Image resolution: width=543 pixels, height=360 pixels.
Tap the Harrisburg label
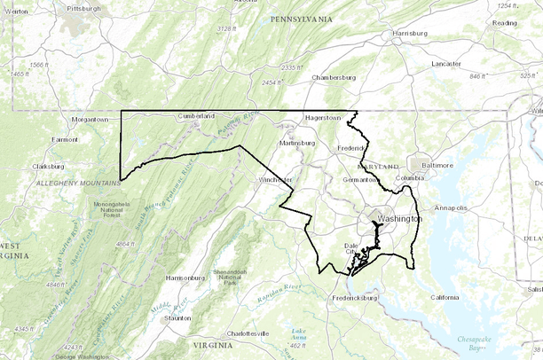[x=409, y=35]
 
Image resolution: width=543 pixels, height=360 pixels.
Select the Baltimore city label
[x=437, y=165]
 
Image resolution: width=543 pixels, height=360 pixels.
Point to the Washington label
[x=399, y=218]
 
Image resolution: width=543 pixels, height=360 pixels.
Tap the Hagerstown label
[x=323, y=118]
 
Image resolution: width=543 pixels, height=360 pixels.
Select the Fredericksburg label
[x=356, y=298]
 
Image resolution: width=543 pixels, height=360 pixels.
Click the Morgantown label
[x=90, y=119]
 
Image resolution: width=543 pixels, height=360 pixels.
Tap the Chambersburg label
[x=333, y=77]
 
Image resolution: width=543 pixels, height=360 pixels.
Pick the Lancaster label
[x=446, y=64]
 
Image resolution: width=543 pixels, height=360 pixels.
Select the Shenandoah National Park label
[x=229, y=276]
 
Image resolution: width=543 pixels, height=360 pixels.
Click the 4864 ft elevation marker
[x=125, y=243]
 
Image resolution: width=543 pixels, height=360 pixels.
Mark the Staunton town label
[x=177, y=317]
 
